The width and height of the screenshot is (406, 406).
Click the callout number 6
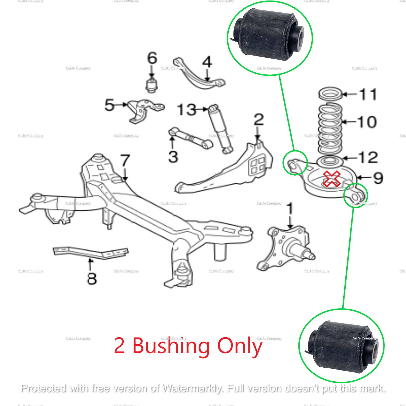(x=152, y=58)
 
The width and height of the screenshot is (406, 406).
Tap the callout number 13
(x=187, y=110)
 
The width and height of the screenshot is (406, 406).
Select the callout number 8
(x=92, y=278)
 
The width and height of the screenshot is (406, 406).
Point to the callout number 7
(x=125, y=161)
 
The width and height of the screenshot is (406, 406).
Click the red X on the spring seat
(x=332, y=179)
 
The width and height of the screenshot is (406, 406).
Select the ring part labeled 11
(x=330, y=94)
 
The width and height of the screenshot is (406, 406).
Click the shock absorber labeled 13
(x=220, y=129)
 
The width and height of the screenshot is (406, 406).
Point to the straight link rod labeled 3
(x=190, y=138)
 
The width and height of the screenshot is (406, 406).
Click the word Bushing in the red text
(x=171, y=346)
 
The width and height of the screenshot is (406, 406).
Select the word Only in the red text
(x=240, y=346)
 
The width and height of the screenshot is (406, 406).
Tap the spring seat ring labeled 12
(x=330, y=161)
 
